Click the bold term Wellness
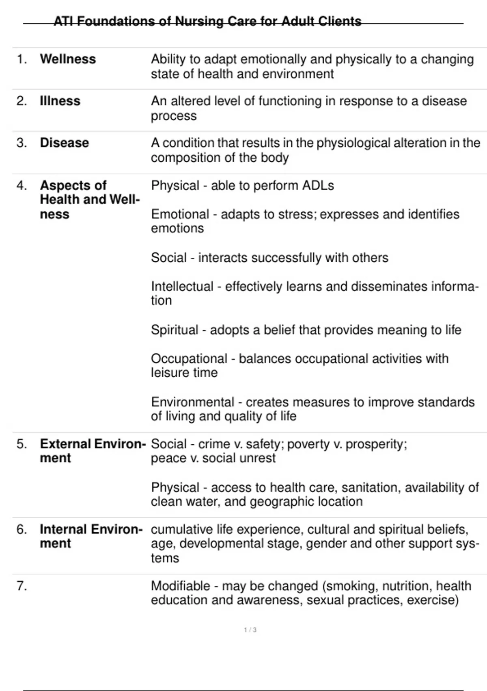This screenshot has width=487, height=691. coord(68,59)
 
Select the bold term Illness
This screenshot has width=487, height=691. coord(60,101)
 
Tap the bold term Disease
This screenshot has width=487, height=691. coord(64,143)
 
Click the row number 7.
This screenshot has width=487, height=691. coord(21,586)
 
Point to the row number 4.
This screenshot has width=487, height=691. coord(21,186)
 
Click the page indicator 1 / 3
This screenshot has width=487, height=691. coord(250,630)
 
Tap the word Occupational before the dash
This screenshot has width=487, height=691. coord(189,359)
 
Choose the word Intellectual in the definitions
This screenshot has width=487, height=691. coord(182,287)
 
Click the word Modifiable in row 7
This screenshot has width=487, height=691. coord(181,586)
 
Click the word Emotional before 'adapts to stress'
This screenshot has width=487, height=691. coord(180,214)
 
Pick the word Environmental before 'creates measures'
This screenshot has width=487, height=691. coord(192,402)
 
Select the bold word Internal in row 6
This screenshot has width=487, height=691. coord(62,530)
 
